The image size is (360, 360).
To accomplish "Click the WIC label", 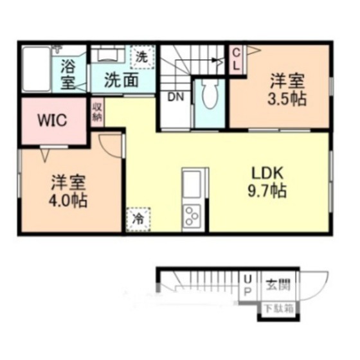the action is pos(53,120).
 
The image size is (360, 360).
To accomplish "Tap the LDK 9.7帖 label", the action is pos(267,182).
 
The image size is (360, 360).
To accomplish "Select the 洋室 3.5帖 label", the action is pos(287,89).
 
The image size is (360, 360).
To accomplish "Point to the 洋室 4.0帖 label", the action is pos(68,191).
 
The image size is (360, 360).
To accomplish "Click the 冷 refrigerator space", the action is pos(138,219).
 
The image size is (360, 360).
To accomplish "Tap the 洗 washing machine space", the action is pos(142,57).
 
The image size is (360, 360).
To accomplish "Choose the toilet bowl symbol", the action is pos(210,95).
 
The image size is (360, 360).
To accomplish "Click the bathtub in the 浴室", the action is pos(37,69).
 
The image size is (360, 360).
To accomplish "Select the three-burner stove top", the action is pos(192,216).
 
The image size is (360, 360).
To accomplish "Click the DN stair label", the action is pos(175,97).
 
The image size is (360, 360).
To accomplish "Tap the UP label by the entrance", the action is pos(248,286).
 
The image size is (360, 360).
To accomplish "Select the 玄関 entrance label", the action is pos(278,285).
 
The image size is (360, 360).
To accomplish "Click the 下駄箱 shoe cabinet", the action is pos(279,309).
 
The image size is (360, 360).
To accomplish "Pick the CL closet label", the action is pos(237,60).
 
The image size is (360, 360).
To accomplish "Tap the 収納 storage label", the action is pos(97,113).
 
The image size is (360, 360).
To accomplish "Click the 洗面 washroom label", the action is pos(122,80).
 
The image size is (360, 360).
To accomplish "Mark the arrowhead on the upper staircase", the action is pos(216,60).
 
